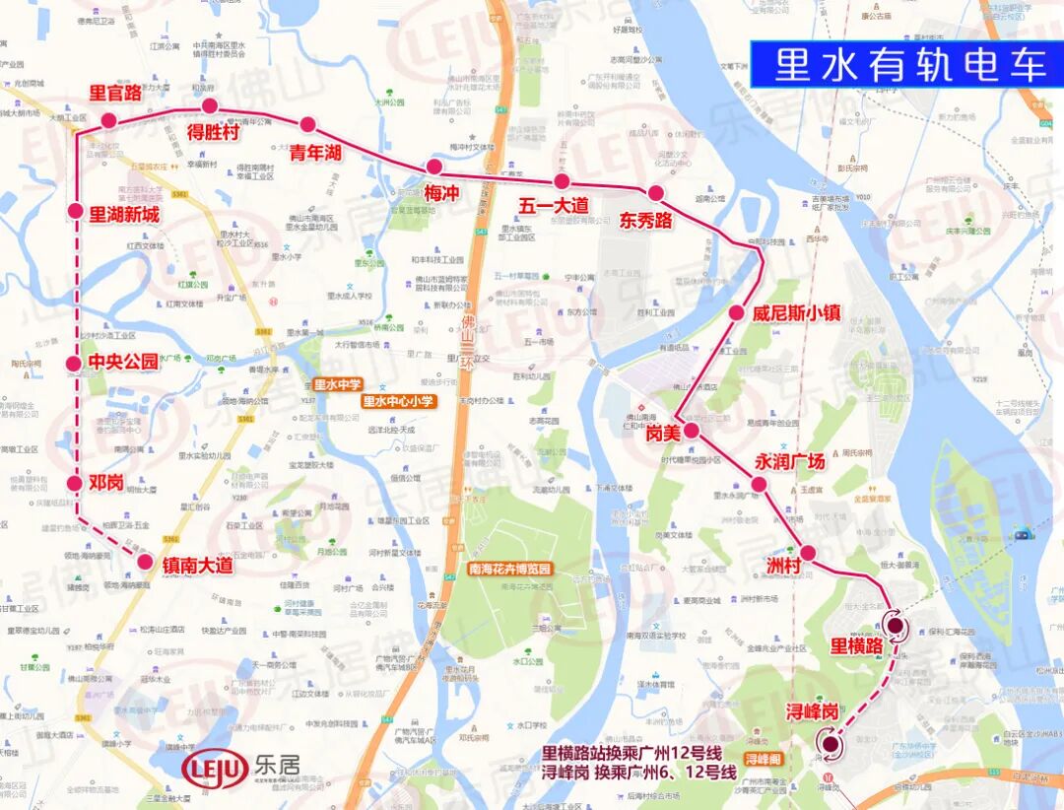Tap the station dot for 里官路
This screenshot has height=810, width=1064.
click(x=108, y=120)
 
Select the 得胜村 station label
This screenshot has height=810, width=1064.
click(x=213, y=132)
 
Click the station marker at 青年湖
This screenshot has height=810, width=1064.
click(x=307, y=125)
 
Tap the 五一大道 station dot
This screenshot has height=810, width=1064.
click(x=562, y=181)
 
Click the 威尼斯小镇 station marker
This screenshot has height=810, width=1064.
click(x=736, y=313)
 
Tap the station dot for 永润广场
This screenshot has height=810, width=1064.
click(x=759, y=484)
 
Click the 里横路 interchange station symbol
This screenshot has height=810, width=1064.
click(x=896, y=624)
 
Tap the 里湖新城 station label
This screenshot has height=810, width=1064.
click(x=124, y=213)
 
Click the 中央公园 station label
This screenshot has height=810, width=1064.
click(x=123, y=362)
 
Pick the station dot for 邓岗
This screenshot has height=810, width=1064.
click(x=75, y=483)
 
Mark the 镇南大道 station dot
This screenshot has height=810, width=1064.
click(x=145, y=564)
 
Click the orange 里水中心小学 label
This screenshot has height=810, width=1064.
click(x=398, y=401)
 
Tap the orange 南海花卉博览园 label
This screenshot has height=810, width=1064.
click(x=510, y=570)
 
